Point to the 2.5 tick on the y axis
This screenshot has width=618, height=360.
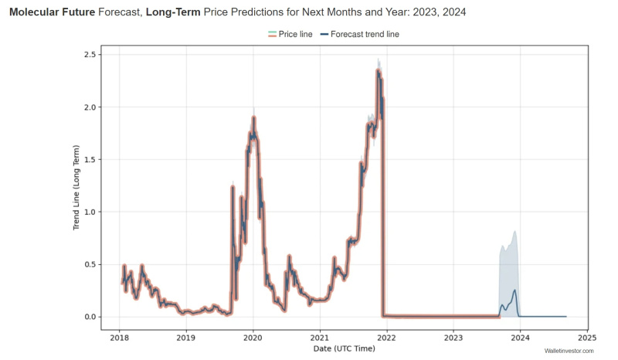(89, 54)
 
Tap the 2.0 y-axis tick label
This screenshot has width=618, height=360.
(89, 107)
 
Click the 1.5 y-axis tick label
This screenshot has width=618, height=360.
(89, 159)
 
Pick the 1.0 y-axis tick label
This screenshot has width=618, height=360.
(89, 212)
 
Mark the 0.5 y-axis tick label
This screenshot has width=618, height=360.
(89, 264)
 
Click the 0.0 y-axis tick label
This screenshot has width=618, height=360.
(89, 317)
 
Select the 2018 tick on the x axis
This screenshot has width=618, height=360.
(119, 338)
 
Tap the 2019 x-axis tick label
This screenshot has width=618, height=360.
(185, 338)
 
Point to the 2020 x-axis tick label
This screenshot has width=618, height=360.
(253, 338)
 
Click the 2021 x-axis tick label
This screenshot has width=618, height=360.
(320, 338)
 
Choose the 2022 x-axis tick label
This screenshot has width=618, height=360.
(386, 338)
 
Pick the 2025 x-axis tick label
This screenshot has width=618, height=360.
(587, 338)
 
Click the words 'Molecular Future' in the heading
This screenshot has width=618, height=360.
(52, 12)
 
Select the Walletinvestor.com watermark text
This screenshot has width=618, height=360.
(569, 352)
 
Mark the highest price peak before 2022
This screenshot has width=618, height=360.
(378, 71)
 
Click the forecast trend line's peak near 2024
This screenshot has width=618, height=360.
(514, 290)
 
